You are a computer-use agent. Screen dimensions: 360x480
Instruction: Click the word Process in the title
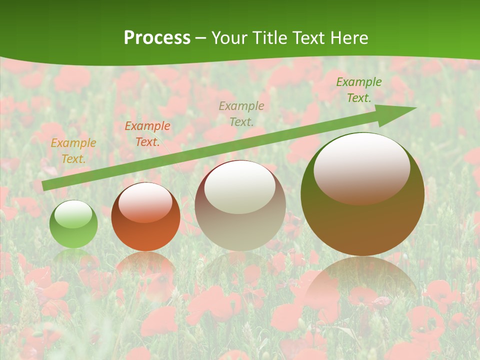click(x=157, y=38)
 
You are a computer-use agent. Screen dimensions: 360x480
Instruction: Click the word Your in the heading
click(x=229, y=38)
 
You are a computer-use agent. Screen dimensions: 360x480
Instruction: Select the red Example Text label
click(x=147, y=134)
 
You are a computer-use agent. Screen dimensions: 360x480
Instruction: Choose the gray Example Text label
click(x=241, y=113)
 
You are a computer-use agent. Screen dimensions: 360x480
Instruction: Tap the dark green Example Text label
click(x=359, y=90)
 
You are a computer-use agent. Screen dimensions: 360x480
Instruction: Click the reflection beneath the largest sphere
click(x=362, y=282)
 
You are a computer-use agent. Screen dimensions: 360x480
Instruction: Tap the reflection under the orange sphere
click(x=145, y=265)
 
